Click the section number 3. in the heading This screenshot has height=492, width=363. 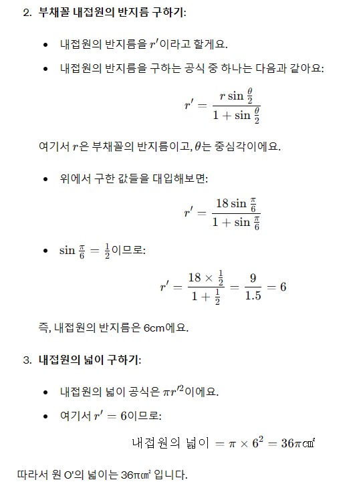pyautogui.click(x=27, y=360)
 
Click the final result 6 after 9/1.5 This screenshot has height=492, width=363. pyautogui.click(x=283, y=287)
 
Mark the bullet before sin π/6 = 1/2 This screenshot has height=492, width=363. pyautogui.click(x=45, y=251)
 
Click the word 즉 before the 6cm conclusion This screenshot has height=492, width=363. pyautogui.click(x=43, y=328)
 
